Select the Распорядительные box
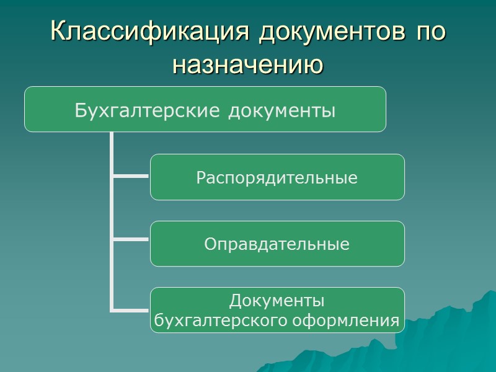tap(277, 177)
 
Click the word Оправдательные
tap(277, 244)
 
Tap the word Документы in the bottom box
tap(277, 302)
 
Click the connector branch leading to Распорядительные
tap(130, 177)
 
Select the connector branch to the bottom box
tap(130, 309)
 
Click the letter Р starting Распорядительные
tap(201, 178)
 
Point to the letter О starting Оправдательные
tap(210, 244)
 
